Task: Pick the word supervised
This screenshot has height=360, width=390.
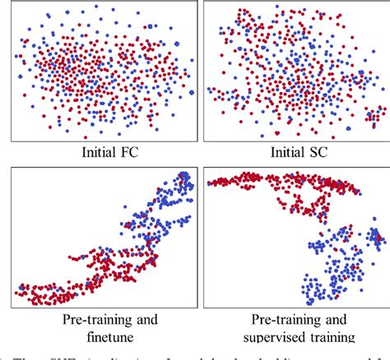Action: pyautogui.click(x=267, y=337)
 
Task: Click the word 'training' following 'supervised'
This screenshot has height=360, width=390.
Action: pyautogui.click(x=329, y=337)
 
